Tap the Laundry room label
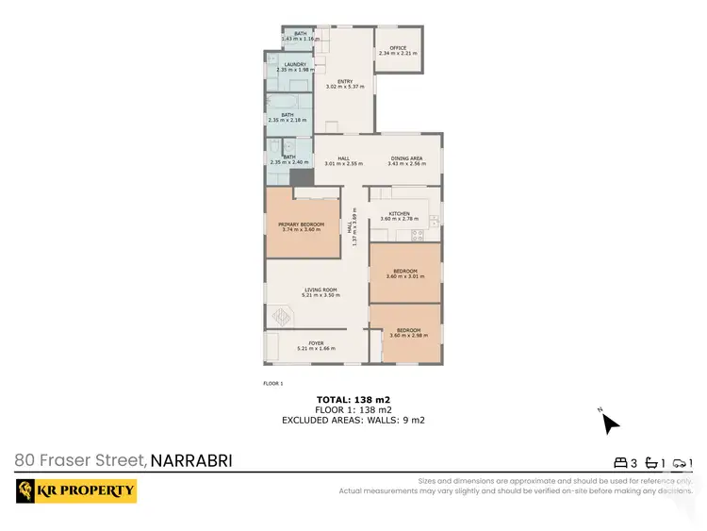(x=282, y=64)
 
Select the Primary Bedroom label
(x=301, y=224)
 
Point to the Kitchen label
(x=400, y=214)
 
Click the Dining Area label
(x=406, y=158)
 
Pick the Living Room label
(x=320, y=290)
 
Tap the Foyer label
(x=316, y=343)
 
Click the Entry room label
(x=344, y=81)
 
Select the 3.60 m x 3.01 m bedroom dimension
(x=405, y=276)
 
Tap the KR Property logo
(x=76, y=490)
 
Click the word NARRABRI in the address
(x=191, y=461)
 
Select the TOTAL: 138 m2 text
(x=353, y=400)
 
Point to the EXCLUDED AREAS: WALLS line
(x=353, y=420)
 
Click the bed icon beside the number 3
(x=620, y=463)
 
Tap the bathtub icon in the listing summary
(x=650, y=463)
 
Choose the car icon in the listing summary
(x=679, y=463)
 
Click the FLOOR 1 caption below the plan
(x=272, y=384)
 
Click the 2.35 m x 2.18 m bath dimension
(x=287, y=120)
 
